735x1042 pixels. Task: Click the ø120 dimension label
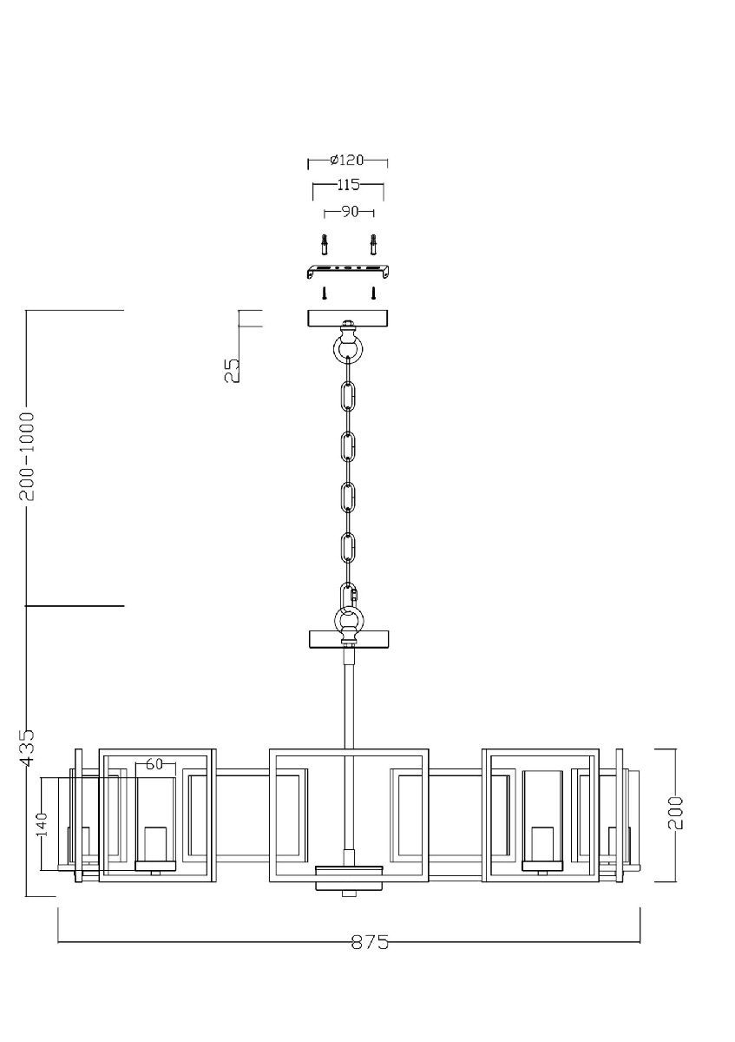pyautogui.click(x=347, y=161)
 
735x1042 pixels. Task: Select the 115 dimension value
pyautogui.click(x=347, y=185)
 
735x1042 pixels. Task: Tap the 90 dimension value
pyautogui.click(x=349, y=211)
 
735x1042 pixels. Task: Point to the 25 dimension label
pyautogui.click(x=232, y=371)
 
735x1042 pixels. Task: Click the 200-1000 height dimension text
pyautogui.click(x=28, y=456)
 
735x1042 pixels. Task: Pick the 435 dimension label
pyautogui.click(x=28, y=747)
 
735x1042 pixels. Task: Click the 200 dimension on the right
pyautogui.click(x=677, y=813)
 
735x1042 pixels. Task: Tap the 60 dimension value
pyautogui.click(x=155, y=764)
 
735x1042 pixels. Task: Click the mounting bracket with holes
pyautogui.click(x=348, y=270)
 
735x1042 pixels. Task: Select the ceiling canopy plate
pyautogui.click(x=348, y=319)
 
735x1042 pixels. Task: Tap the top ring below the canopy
pyautogui.click(x=348, y=349)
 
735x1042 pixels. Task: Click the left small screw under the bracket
pyautogui.click(x=323, y=293)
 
